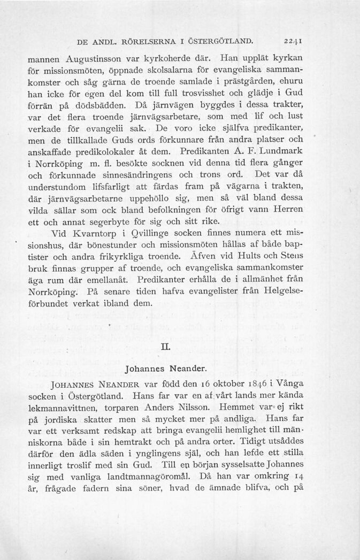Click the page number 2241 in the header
[x=294, y=41]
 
